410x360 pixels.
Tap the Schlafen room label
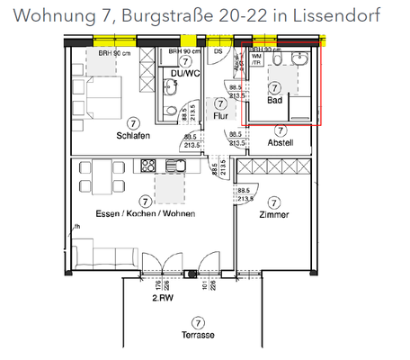pos(132,136)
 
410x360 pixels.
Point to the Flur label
pos(220,115)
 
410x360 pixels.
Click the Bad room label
pos(275,101)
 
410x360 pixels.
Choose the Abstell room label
pos(281,141)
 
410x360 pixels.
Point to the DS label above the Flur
pos(218,51)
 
